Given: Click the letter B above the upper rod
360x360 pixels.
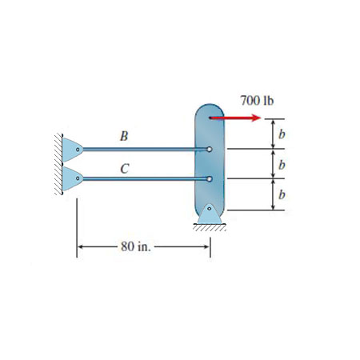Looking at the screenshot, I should [x=123, y=135].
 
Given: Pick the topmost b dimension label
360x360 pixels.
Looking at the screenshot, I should [x=282, y=133].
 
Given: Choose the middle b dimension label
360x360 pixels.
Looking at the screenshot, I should [x=282, y=163].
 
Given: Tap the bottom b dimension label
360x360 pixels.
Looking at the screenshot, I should [x=282, y=194].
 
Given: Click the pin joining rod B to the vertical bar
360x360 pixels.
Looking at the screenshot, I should [x=209, y=149].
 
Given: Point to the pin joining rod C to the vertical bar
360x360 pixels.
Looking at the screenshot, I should [x=209, y=179].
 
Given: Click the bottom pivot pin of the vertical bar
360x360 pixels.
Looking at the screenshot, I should [x=209, y=210].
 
